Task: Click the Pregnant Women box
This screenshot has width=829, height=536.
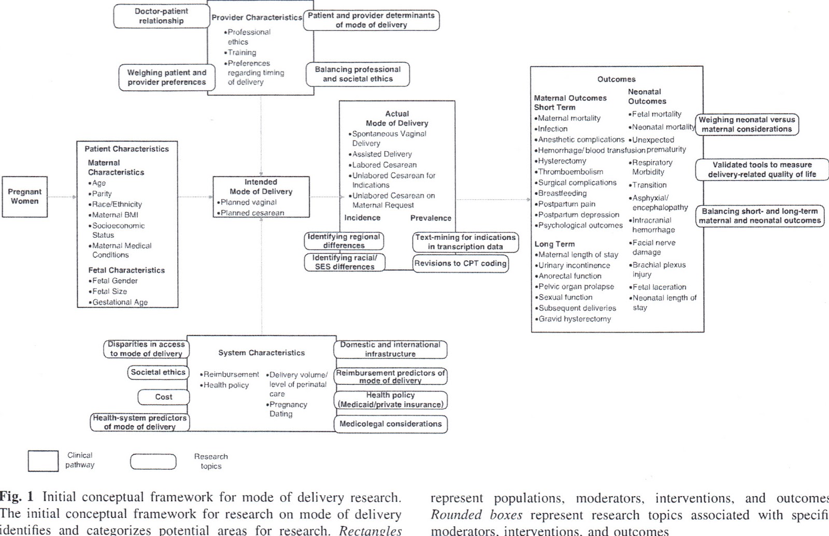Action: [x=24, y=196]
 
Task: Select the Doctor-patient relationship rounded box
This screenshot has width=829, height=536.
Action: [x=161, y=16]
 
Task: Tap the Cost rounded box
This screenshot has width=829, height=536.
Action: [x=164, y=397]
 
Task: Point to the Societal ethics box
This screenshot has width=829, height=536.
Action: [x=158, y=372]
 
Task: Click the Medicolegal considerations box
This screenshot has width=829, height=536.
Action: [x=390, y=424]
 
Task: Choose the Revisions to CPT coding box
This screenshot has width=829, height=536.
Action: [x=460, y=264]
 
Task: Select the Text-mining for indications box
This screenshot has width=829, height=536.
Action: [x=465, y=242]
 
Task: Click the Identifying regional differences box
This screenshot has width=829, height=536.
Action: [x=344, y=241]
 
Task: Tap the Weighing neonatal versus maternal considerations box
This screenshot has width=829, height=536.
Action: [x=747, y=125]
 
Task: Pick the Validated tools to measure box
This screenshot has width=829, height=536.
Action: [x=762, y=170]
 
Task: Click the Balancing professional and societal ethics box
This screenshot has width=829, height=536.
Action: [x=358, y=74]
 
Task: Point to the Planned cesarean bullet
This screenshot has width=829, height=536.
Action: [x=252, y=213]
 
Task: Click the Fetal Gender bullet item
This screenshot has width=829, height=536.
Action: [x=115, y=281]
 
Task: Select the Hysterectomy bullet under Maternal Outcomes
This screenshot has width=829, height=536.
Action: [x=562, y=161]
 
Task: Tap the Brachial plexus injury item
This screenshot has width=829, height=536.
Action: [x=659, y=270]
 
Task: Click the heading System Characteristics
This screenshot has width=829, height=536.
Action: [x=261, y=353]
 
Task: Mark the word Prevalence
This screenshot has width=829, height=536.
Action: [x=431, y=218]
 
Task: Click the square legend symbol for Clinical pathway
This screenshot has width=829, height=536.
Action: [x=43, y=461]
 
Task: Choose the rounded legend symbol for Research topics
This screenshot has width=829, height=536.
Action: [x=153, y=461]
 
